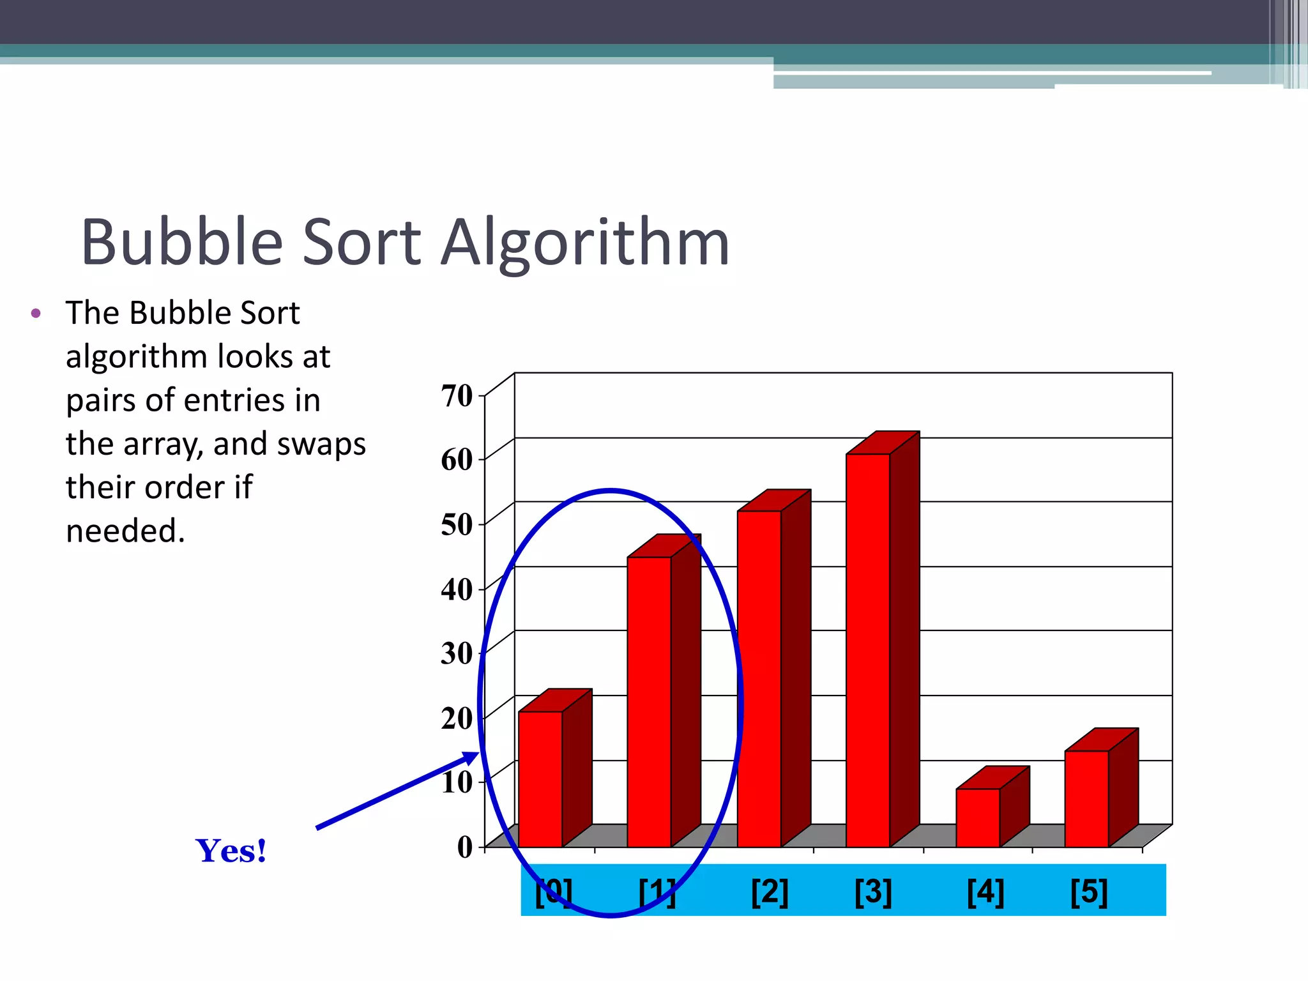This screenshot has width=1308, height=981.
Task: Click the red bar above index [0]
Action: pos(540,779)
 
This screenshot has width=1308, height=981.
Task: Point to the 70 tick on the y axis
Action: pos(457,395)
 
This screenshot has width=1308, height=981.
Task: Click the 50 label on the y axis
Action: pos(457,524)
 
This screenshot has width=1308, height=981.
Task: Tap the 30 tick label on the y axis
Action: pos(457,653)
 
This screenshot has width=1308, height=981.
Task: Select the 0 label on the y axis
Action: pos(465,847)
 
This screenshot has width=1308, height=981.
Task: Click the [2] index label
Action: pos(770,892)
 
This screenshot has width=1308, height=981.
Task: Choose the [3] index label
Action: pos(873,892)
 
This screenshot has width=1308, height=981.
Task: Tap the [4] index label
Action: pos(985,892)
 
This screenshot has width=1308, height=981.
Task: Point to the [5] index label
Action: pos(1089,892)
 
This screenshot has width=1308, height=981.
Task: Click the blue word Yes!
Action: pos(231,851)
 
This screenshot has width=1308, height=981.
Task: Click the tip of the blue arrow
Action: pos(476,754)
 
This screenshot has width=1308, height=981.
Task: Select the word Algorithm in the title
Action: pos(585,243)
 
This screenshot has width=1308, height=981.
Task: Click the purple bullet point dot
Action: pos(36,313)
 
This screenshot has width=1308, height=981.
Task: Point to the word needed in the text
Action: pos(125,531)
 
